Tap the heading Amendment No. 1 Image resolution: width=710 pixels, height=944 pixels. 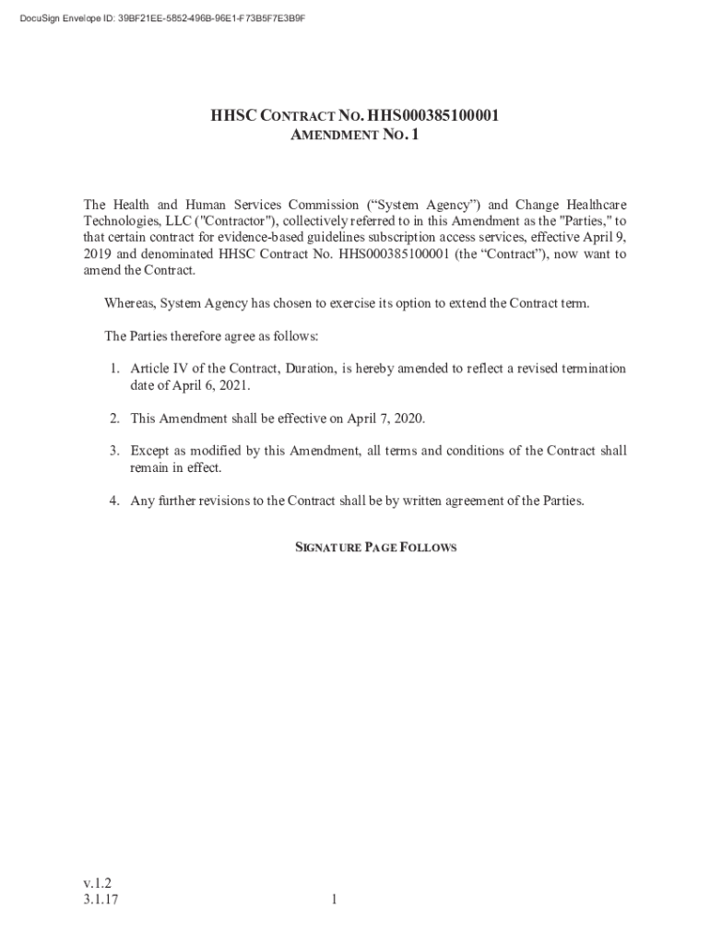coord(355,136)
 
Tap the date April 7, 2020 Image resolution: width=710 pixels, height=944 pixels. coord(385,419)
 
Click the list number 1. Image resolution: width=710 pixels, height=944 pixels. coord(114,369)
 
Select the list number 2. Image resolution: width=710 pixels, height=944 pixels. coord(114,419)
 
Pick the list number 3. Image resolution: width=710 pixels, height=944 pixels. coord(114,452)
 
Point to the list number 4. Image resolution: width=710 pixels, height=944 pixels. coord(114,501)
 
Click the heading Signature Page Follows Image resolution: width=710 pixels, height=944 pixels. coord(375,548)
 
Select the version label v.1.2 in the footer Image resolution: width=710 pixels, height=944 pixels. coord(97,882)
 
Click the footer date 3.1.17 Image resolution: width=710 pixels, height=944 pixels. coord(101,900)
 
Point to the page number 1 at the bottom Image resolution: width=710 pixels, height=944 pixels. coord(337,900)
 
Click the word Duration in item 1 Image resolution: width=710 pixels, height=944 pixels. coord(310,369)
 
